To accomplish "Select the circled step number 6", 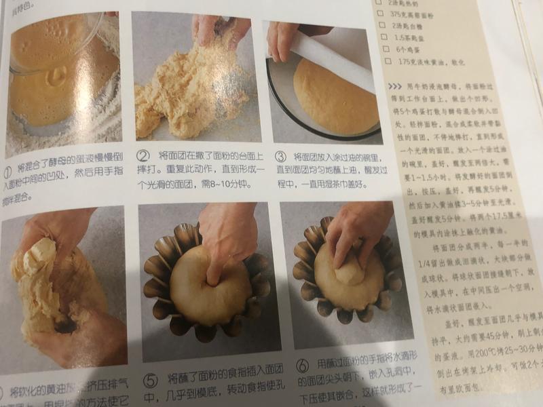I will (x=303, y=366).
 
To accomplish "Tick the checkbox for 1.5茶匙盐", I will (x=386, y=37).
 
